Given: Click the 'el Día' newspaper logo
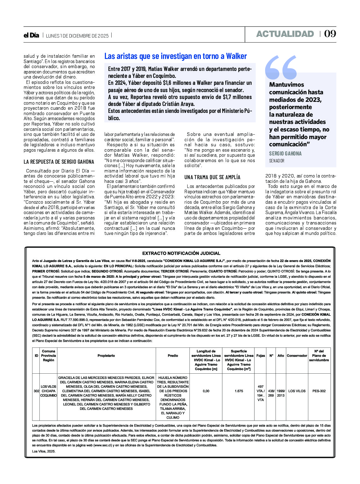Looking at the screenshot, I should coord(31,35).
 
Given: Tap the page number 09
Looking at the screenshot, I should coord(330,34).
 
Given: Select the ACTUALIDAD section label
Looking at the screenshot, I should coord(285,34).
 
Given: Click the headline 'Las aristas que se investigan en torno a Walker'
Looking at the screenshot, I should coord(176,56).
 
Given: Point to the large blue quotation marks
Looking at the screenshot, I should coord(281,67).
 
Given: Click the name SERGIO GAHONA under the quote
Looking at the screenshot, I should coord(285,154).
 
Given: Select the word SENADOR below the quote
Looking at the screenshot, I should coord(277,161).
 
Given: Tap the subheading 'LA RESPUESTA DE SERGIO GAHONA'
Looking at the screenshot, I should coord(59,162).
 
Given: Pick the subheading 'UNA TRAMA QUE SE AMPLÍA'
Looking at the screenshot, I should coord(212,177).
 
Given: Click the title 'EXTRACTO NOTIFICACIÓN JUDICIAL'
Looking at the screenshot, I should coord(181,253).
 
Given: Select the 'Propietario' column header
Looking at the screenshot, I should coord(106,356).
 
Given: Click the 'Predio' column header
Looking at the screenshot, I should coord(173,356).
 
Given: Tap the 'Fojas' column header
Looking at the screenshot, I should coord(261,356).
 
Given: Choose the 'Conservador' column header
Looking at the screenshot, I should coord(297,356).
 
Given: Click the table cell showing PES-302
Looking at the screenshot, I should coord(319,391).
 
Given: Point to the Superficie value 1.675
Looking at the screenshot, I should coord(239,391).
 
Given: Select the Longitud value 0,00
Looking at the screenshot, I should coord(206,391).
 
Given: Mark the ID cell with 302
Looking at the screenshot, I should coord(36,391).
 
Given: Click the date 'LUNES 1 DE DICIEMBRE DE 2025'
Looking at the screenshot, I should coord(77,36).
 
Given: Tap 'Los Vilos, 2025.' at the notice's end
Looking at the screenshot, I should coord(44,451).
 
